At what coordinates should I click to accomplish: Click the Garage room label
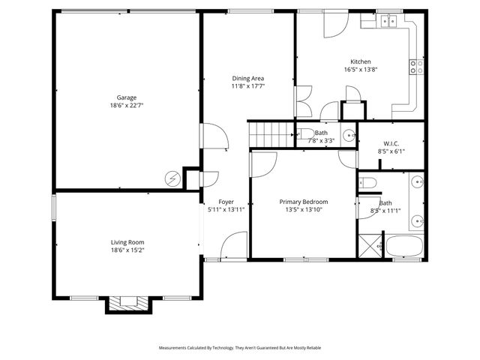[126, 97]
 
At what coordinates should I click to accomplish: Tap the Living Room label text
[127, 242]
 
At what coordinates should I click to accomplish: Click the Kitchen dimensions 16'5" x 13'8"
[361, 70]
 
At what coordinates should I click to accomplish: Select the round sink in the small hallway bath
[348, 136]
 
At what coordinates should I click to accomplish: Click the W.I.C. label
[391, 143]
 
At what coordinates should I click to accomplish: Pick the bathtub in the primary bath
[406, 246]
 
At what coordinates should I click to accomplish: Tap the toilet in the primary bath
[367, 183]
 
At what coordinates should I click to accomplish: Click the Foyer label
[226, 202]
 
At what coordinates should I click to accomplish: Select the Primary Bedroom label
[304, 202]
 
